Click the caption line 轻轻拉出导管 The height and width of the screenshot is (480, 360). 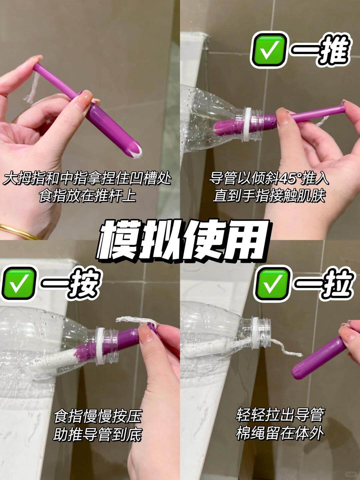point(280,415)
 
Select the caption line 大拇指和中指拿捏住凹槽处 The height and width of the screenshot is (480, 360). point(87,179)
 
